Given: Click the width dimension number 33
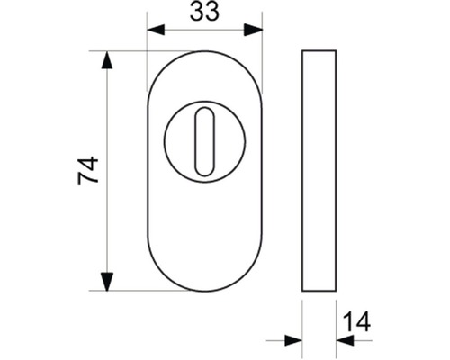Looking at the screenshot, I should (x=204, y=12).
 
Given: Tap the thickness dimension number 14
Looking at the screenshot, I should (x=355, y=320).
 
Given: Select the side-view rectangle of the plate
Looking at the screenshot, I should (x=319, y=170).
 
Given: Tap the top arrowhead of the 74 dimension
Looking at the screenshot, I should (x=107, y=61).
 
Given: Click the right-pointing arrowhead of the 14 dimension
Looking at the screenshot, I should (x=292, y=341).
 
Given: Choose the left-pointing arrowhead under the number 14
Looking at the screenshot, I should (x=346, y=341).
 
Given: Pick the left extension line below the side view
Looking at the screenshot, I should (x=302, y=324).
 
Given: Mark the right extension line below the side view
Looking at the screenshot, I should (x=336, y=324).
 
